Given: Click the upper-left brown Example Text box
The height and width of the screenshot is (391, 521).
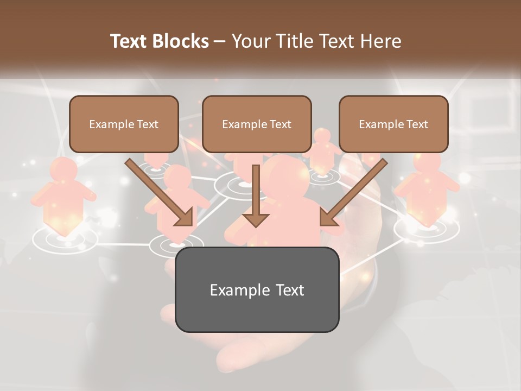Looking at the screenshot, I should pos(124,124).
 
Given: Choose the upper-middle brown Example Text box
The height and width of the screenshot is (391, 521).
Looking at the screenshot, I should pos(257,124).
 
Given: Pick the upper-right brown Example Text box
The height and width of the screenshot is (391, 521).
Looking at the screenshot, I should pos(393,124).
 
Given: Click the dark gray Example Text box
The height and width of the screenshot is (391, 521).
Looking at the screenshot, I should pos(257,289).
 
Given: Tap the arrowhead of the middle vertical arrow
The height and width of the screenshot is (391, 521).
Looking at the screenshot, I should pos(256,219).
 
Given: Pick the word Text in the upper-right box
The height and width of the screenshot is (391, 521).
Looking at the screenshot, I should pos(417,124).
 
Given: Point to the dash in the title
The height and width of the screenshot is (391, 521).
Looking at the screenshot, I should pos(220,41).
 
